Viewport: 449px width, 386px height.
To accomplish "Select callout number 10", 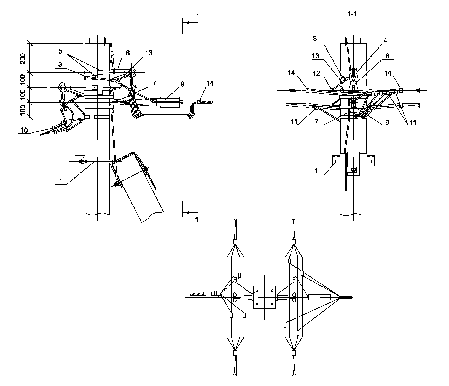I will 24,130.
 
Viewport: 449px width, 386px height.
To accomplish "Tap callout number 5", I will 60,51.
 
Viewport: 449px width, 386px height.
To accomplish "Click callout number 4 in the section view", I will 385,41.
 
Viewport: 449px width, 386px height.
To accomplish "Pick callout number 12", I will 316,73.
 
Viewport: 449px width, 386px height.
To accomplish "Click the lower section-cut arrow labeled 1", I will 190,212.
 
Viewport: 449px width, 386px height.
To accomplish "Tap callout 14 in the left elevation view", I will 210,83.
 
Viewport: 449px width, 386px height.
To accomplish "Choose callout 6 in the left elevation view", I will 128,53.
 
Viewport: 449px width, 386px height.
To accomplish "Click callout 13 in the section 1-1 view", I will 315,56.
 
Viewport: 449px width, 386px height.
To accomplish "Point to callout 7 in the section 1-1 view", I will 316,122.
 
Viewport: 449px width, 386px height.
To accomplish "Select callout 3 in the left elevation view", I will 60,64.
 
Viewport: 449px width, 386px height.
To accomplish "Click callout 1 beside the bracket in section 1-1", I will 316,171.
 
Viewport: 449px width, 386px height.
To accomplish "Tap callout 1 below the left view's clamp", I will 60,181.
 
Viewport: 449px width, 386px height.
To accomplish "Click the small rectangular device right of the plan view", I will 319,297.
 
